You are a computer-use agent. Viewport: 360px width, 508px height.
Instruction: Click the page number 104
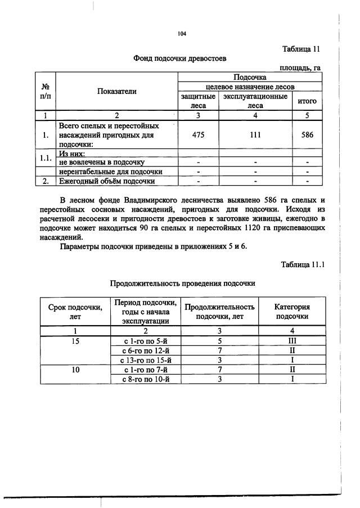coord(181,34)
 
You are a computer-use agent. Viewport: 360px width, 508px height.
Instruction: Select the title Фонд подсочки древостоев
coord(181,58)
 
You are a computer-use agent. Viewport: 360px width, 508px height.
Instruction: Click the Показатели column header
coord(116,91)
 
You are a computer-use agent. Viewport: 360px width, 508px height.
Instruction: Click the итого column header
coord(307,101)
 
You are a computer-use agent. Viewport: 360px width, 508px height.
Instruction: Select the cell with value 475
coord(197,135)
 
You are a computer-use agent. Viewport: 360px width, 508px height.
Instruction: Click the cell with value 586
coord(307,135)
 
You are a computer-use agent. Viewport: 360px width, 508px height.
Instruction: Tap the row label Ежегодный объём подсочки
coord(107,181)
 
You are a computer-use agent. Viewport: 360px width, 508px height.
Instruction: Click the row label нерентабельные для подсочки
coord(111,171)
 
